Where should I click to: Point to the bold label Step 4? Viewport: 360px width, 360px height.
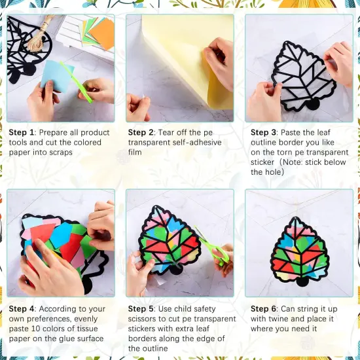(x=22, y=309)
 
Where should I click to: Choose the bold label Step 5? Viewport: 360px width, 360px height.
(x=141, y=309)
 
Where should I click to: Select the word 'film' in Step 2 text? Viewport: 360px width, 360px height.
(x=137, y=153)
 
